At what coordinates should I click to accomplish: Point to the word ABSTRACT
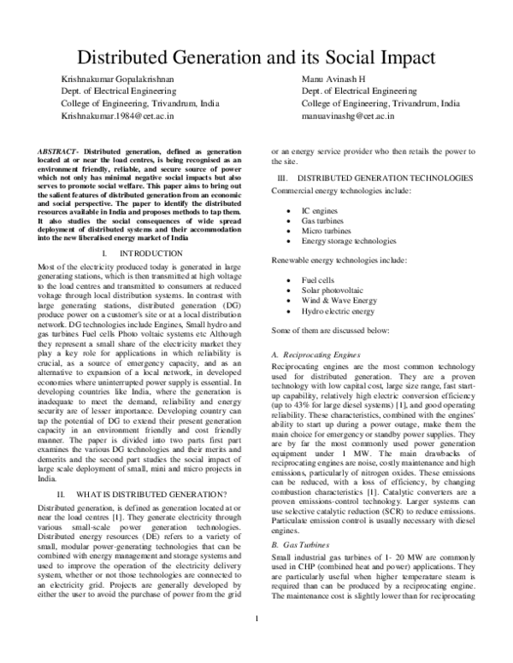coord(56,150)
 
